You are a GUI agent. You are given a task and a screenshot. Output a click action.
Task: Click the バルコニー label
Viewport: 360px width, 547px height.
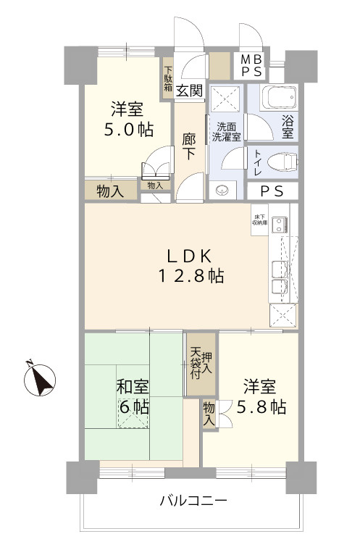click(193, 501)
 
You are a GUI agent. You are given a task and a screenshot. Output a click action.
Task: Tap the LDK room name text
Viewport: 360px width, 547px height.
click(191, 255)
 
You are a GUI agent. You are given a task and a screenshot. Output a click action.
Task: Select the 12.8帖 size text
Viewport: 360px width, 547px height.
click(191, 276)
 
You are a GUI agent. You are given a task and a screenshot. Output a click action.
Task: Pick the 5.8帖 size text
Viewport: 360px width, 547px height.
click(259, 407)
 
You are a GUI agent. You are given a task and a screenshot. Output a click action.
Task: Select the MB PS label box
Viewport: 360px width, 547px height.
click(257, 66)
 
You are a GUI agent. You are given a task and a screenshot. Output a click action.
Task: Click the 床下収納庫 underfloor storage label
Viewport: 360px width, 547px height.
click(259, 219)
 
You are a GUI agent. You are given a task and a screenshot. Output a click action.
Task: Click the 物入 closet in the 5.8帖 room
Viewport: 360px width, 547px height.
click(209, 414)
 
